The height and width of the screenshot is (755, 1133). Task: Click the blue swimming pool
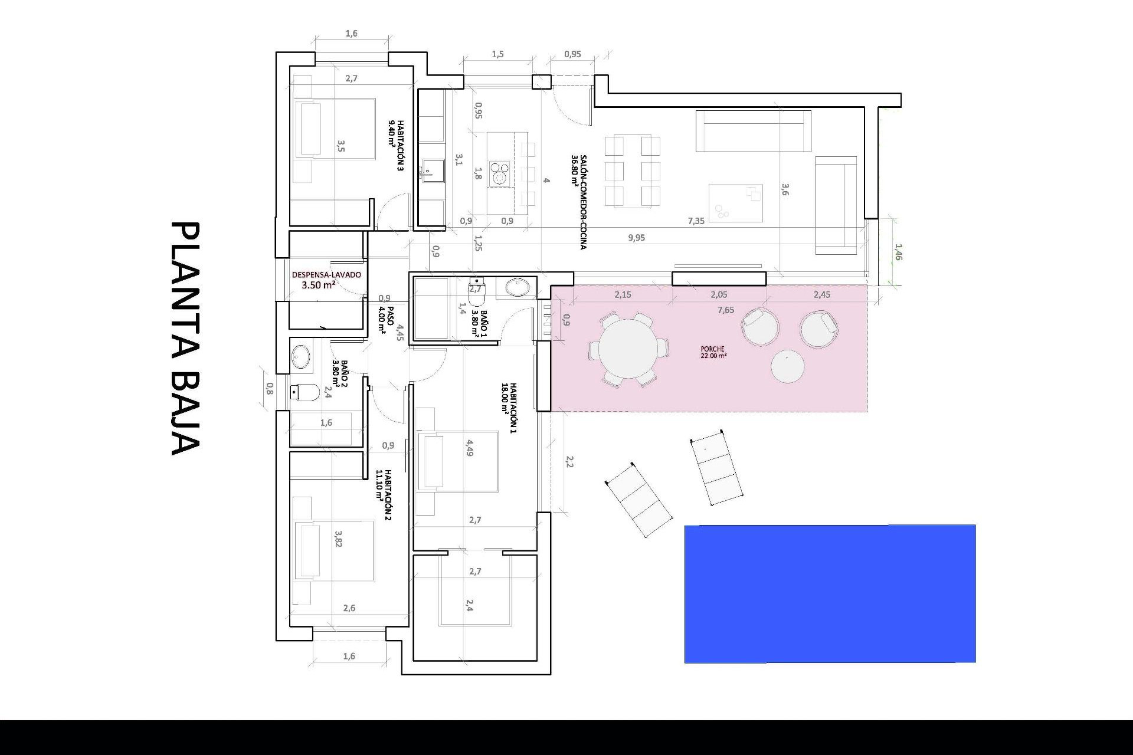click(830, 593)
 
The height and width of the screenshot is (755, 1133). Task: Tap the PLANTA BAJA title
click(185, 339)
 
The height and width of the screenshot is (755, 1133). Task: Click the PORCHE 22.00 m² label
click(713, 352)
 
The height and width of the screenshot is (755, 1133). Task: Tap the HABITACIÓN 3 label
click(397, 145)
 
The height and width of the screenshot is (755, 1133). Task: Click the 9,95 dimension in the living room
click(637, 238)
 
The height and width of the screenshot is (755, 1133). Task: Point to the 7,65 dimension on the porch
click(726, 310)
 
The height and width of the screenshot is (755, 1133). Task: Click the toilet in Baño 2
click(305, 391)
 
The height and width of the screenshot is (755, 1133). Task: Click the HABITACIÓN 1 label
click(509, 408)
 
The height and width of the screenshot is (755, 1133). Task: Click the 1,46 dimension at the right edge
click(898, 252)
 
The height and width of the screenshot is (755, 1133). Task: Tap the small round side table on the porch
click(788, 366)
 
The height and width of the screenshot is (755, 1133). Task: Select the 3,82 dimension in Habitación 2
click(338, 539)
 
